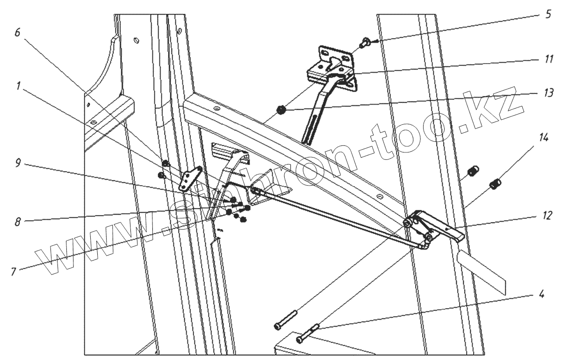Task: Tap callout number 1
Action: [x=17, y=86]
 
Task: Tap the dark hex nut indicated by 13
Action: [x=281, y=110]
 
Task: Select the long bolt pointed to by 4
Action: [x=308, y=332]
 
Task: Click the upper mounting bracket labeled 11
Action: [x=334, y=65]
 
